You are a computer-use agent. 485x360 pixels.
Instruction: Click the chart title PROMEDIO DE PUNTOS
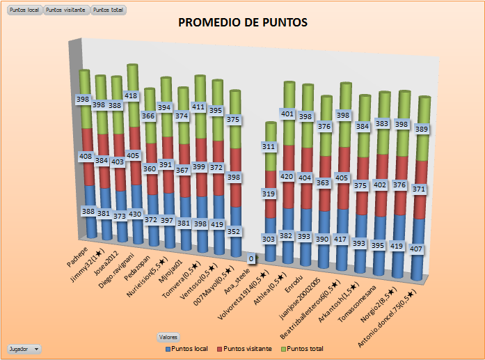click(243, 22)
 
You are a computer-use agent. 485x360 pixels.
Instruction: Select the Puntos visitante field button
click(66, 10)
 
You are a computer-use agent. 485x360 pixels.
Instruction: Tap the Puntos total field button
click(108, 10)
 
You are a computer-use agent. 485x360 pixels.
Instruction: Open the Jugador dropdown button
click(24, 348)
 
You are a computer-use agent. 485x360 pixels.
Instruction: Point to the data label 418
click(132, 95)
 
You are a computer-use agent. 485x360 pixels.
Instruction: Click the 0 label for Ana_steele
click(251, 259)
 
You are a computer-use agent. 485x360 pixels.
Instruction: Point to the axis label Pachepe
click(77, 252)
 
